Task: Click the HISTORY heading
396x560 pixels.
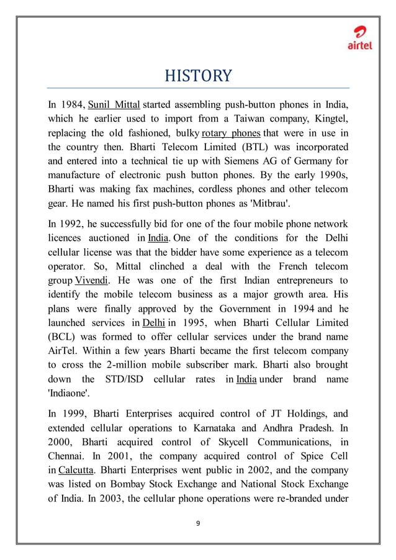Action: pyautogui.click(x=197, y=76)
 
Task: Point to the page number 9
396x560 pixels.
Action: pyautogui.click(x=197, y=523)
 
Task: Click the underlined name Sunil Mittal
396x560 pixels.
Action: pyautogui.click(x=114, y=102)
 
